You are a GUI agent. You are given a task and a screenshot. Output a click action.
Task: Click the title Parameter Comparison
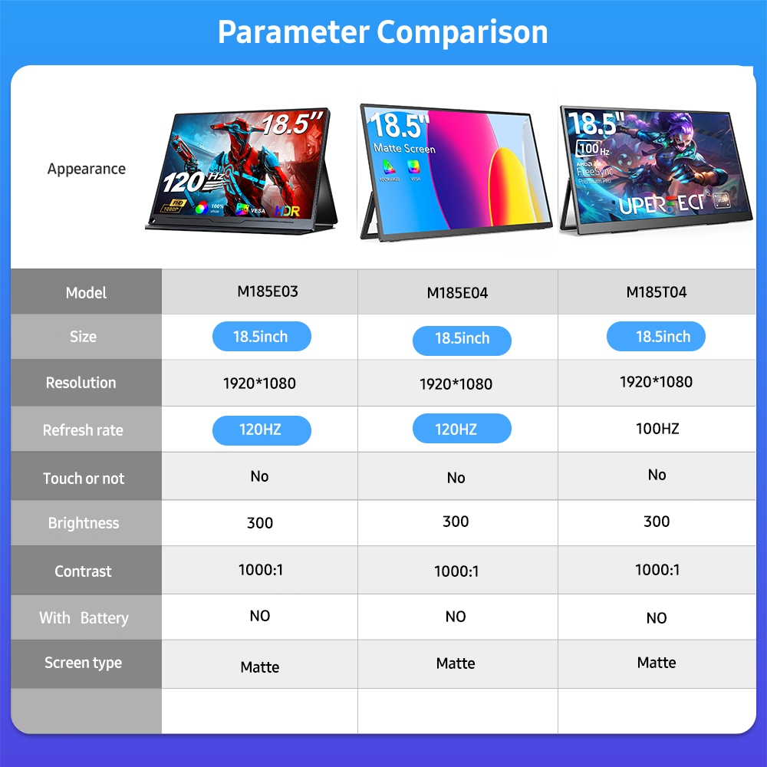tap(383, 32)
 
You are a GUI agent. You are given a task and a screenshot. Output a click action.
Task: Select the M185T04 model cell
tap(657, 292)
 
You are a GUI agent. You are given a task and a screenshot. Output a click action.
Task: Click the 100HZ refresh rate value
tap(657, 429)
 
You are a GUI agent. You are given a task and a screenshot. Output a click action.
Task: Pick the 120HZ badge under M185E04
tap(461, 430)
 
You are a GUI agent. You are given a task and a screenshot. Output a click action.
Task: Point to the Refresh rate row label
tap(83, 430)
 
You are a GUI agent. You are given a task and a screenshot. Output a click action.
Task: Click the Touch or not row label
tap(84, 479)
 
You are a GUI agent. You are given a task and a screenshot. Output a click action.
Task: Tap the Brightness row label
tap(84, 523)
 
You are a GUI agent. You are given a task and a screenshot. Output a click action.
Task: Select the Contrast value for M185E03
tap(260, 570)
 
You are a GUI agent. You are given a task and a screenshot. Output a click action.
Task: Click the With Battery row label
tap(84, 618)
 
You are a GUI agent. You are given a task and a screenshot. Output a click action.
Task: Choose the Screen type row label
tap(83, 663)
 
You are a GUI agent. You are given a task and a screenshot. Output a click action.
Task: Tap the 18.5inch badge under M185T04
tap(656, 337)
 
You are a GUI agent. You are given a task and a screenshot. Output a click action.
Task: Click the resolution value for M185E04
tap(456, 384)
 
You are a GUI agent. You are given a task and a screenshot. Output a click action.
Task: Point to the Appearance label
tap(87, 169)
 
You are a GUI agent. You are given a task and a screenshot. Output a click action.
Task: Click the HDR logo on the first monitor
tap(288, 210)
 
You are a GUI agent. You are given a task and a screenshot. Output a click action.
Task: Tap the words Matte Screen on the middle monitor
tap(404, 148)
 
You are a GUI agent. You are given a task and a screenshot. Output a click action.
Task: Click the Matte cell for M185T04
tap(657, 663)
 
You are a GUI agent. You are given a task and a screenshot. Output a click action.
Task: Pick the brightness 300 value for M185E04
tap(456, 522)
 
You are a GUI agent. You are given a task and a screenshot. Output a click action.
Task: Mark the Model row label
tap(86, 292)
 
